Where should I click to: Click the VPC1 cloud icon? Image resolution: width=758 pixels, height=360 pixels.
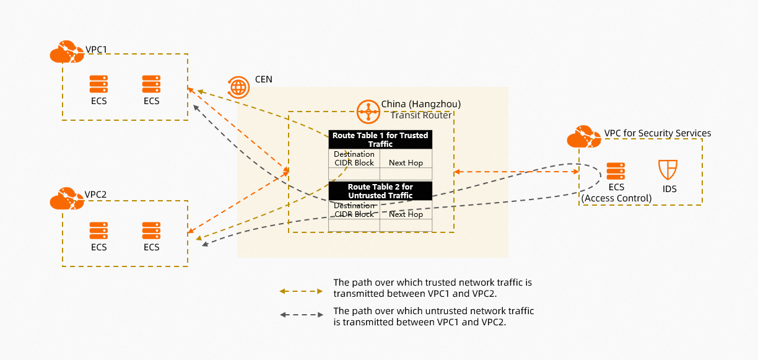point(66,51)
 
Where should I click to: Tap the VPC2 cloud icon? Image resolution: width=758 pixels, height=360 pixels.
point(66,198)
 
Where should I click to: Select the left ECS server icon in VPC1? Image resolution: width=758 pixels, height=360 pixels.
point(98,84)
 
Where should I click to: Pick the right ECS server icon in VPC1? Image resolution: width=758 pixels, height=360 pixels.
point(151,84)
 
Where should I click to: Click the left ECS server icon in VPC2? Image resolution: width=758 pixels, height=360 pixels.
point(98,230)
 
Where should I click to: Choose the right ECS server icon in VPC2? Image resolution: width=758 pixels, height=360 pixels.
point(151,230)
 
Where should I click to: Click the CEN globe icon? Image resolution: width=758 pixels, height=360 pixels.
point(238,87)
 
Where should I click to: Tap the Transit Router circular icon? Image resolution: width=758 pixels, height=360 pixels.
point(368,112)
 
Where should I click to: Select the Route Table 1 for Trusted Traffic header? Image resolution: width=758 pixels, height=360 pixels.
point(380,139)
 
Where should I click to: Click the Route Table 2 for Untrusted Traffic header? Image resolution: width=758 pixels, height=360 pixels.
point(380,191)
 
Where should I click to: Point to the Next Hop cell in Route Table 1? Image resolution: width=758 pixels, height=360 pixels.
point(406,163)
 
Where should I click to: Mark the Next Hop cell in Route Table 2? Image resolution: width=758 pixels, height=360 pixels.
point(406,214)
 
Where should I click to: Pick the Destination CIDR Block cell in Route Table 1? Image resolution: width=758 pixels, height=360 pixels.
point(354,159)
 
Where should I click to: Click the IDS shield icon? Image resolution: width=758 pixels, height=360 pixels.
point(668,170)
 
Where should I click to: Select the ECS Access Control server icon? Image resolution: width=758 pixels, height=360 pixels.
point(616,171)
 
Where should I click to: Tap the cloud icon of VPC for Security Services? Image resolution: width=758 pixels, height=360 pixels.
point(584,136)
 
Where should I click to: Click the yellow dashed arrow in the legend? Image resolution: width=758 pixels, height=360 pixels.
point(302,291)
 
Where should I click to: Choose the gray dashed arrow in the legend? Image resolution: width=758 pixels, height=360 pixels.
point(302,315)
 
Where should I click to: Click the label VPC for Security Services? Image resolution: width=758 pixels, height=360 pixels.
point(658,133)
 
